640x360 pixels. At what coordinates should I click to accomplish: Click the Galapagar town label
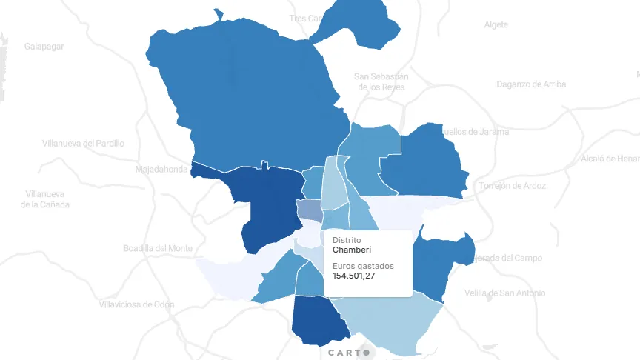(44, 46)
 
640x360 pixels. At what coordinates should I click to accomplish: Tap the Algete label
(496, 24)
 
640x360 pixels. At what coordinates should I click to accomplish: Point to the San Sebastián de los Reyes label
(381, 81)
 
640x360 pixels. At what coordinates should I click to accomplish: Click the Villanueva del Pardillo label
(83, 143)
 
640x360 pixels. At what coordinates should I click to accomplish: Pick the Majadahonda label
(161, 170)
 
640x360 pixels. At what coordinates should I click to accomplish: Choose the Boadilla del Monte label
(158, 248)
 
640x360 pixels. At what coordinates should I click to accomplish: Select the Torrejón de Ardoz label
(513, 185)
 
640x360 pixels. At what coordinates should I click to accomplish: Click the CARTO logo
(349, 353)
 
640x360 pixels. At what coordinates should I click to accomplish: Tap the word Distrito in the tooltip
(347, 241)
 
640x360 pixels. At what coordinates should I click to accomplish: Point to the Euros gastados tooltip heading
(363, 266)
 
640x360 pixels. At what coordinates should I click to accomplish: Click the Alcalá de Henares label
(609, 159)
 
